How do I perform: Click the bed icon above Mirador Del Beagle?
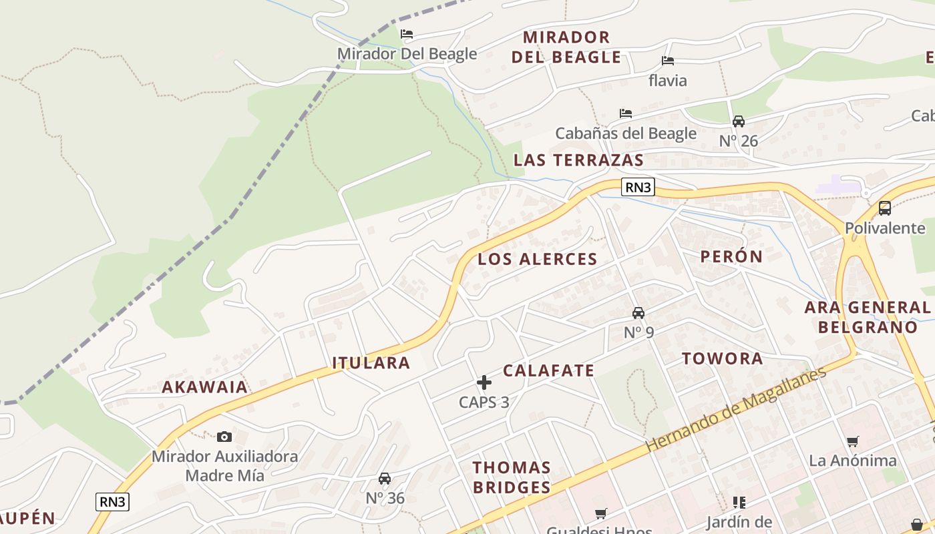(406, 34)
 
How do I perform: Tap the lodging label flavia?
(667, 81)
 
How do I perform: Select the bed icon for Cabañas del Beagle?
(626, 113)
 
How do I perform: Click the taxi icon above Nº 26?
(739, 121)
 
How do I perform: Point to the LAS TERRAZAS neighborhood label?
(578, 160)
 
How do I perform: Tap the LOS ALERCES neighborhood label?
(537, 260)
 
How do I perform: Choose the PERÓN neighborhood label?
(731, 257)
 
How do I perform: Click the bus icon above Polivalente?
(885, 208)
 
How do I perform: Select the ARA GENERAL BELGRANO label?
(868, 318)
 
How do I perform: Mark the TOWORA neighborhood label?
(722, 359)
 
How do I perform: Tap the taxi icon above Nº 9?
(638, 313)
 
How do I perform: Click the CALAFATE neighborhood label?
(548, 371)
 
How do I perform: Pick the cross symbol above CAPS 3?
(484, 382)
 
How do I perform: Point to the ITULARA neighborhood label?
(371, 363)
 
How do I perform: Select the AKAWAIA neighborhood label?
(204, 387)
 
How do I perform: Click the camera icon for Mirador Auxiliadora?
(224, 437)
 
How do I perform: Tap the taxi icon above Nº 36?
(385, 479)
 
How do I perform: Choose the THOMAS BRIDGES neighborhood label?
(512, 477)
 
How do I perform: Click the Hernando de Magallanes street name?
(735, 409)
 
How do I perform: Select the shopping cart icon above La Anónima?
(852, 441)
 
